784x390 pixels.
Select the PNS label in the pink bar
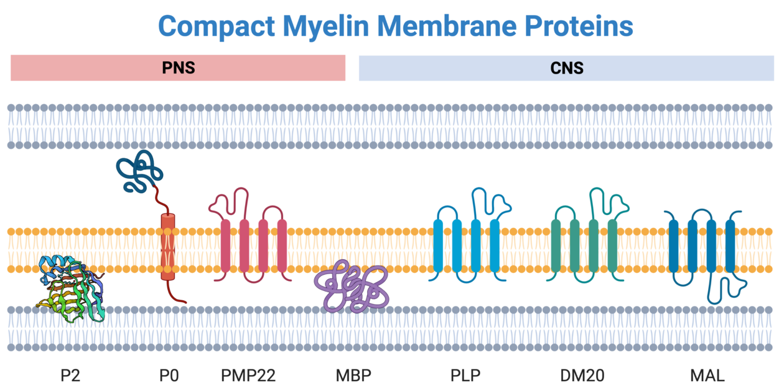coord(178,68)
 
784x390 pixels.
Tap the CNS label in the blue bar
coord(567,68)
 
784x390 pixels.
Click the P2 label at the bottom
coord(70,375)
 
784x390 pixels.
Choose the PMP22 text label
coord(248,375)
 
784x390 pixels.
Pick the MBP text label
coord(353,375)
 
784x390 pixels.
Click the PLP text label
coord(465,375)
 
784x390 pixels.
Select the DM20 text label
coord(582,375)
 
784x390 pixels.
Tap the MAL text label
coord(707,375)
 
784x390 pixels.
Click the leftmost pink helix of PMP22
coord(225,245)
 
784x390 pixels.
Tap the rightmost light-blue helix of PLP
coord(495,245)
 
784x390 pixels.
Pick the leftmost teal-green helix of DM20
coord(556,245)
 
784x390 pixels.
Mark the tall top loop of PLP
coord(479,199)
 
